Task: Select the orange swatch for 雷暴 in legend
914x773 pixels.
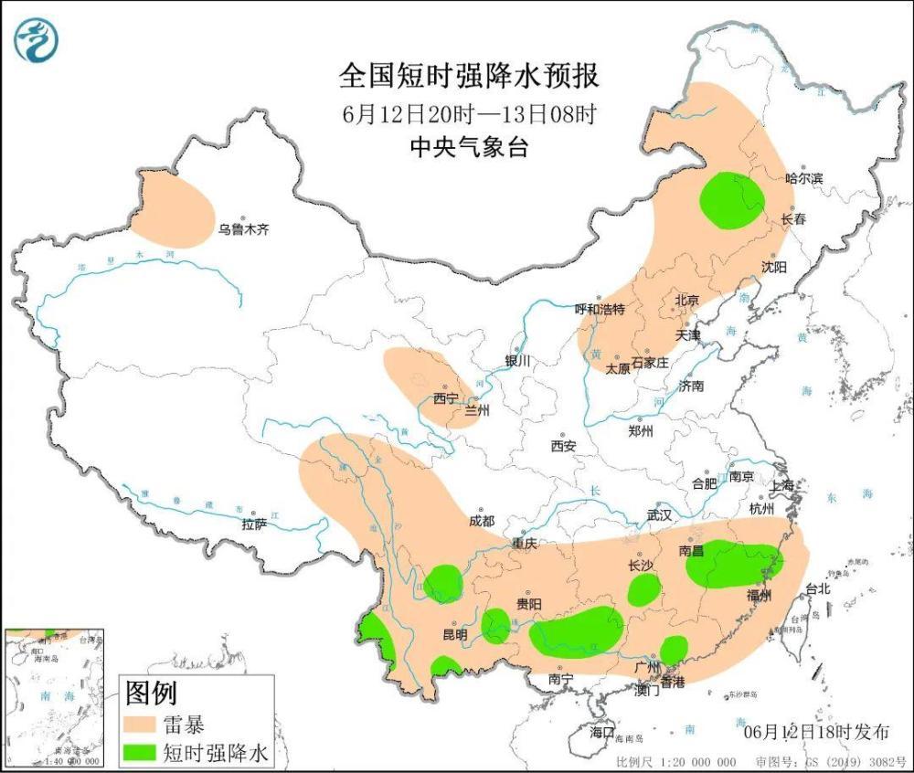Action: [x=140, y=725]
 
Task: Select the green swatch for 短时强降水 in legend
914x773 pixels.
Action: [x=140, y=752]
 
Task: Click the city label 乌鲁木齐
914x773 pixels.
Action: [x=243, y=230]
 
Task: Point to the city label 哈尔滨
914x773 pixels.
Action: [x=804, y=178]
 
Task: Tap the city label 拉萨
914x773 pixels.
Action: [x=254, y=524]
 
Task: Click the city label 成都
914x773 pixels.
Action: [x=481, y=521]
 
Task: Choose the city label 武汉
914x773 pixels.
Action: [x=659, y=515]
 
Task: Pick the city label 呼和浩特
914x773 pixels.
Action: [x=599, y=310]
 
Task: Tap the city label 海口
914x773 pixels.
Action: [x=601, y=733]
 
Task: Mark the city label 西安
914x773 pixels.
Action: [x=563, y=446]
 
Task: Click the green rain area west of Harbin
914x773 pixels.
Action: [x=731, y=200]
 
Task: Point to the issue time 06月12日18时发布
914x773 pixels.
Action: [x=816, y=732]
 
